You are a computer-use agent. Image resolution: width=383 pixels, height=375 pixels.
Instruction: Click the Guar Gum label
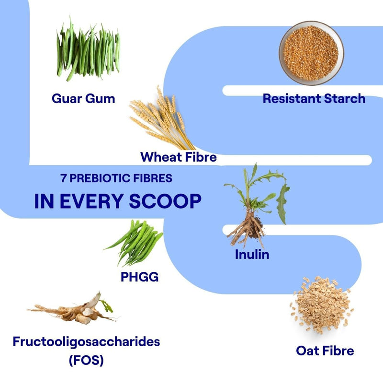pyautogui.click(x=83, y=99)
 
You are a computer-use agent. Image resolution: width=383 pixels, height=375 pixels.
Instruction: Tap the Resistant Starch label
pyautogui.click(x=314, y=99)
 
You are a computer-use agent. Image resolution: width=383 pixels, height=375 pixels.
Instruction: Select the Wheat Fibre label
pyautogui.click(x=179, y=157)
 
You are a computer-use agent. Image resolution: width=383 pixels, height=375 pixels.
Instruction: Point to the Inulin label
pyautogui.click(x=252, y=255)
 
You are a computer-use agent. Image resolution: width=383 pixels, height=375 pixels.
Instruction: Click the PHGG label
pyautogui.click(x=140, y=277)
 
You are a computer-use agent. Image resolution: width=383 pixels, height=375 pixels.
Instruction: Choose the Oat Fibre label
pyautogui.click(x=325, y=351)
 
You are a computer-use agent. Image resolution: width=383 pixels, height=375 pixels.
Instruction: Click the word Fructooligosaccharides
pyautogui.click(x=87, y=341)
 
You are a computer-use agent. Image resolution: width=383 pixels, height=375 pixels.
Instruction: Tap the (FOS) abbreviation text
pyautogui.click(x=86, y=360)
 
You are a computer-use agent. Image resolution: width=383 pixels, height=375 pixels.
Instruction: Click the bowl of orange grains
pyautogui.click(x=311, y=53)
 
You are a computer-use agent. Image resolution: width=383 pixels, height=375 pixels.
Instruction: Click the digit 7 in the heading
pyautogui.click(x=64, y=178)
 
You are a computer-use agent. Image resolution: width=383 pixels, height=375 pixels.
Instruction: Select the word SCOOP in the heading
pyautogui.click(x=165, y=201)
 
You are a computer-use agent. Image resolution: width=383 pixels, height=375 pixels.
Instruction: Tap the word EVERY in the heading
pyautogui.click(x=91, y=201)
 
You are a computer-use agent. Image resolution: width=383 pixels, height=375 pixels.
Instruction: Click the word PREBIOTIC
pyautogui.click(x=102, y=178)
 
